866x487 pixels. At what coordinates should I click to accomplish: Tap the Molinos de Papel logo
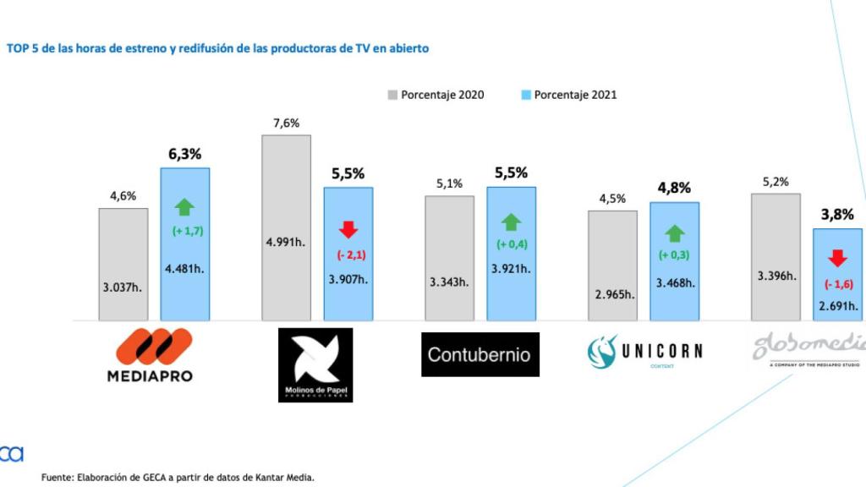[315, 364]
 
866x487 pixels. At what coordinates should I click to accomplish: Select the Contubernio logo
[480, 353]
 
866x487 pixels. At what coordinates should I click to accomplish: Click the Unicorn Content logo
[644, 351]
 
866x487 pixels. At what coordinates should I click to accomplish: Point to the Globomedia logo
[808, 348]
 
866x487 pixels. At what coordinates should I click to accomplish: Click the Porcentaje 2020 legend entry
[436, 95]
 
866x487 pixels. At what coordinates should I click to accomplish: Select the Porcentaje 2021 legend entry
[568, 95]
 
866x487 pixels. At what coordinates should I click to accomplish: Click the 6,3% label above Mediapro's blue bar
[184, 154]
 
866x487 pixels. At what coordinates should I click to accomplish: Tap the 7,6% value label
[286, 123]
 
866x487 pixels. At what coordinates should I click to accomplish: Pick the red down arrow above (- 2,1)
[348, 230]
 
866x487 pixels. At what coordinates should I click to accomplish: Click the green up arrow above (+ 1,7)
[184, 207]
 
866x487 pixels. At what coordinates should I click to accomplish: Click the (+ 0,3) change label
[674, 254]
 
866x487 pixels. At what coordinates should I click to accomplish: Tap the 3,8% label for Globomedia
[836, 215]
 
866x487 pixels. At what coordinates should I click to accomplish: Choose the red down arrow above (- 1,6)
[837, 258]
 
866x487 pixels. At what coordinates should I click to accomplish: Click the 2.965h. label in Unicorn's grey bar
[612, 294]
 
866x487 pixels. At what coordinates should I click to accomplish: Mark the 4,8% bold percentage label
[674, 189]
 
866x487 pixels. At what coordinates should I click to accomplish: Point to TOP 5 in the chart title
[24, 48]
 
